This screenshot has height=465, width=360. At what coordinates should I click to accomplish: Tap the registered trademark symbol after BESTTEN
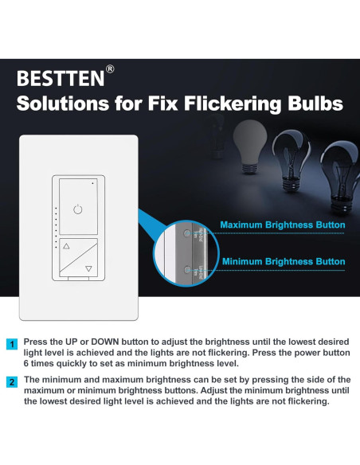110,69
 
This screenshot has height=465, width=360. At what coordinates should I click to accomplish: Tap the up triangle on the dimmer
66,247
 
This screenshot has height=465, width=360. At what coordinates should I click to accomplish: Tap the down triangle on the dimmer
88,269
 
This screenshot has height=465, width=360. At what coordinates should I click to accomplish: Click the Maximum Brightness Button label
283,225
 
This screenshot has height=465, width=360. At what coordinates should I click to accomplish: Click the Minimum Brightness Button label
283,261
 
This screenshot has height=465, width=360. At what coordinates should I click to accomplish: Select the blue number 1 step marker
12,345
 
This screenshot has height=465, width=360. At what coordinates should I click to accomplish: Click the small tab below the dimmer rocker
77,278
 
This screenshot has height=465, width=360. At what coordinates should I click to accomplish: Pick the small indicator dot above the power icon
92,182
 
